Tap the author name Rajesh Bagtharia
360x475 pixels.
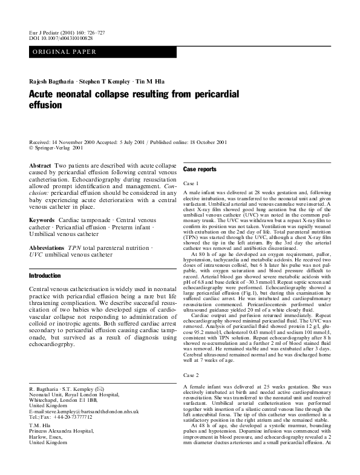click(53, 81)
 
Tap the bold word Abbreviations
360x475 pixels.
click(48, 249)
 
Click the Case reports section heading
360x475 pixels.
click(199, 169)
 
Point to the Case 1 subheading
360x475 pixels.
click(191, 183)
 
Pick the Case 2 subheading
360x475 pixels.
click(191, 376)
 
